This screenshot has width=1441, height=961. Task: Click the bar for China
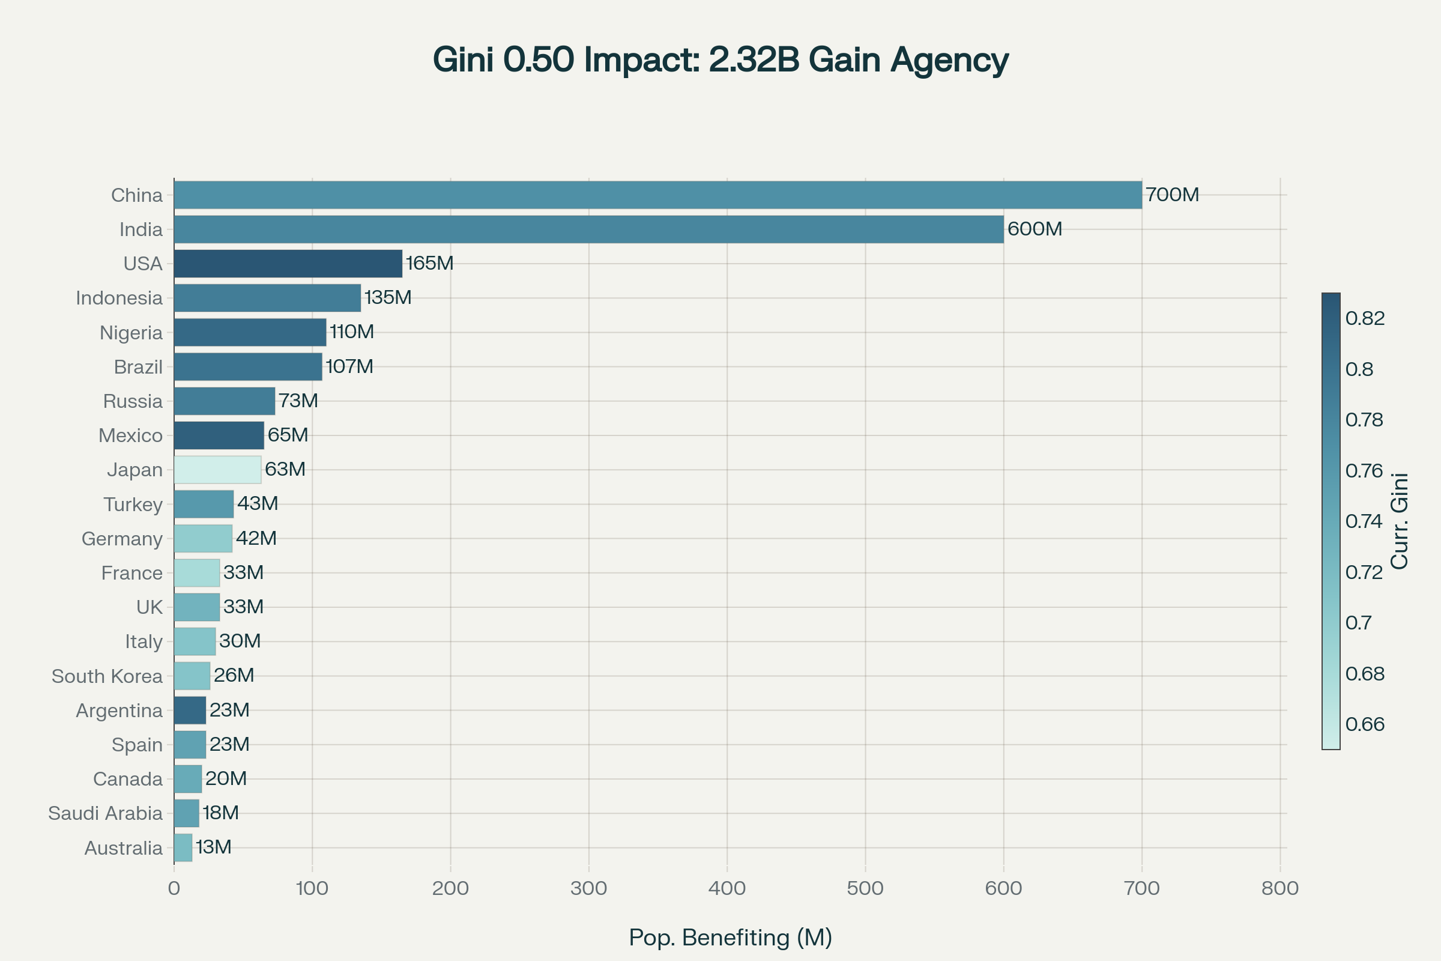[657, 195]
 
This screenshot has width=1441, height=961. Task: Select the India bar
[588, 229]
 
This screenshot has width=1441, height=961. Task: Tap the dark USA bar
[288, 264]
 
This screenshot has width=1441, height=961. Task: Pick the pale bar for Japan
[217, 470]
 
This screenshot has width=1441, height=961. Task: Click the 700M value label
[1172, 195]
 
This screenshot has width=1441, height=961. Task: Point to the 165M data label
[429, 264]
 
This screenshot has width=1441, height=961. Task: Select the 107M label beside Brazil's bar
[349, 366]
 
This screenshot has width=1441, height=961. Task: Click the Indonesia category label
[119, 299]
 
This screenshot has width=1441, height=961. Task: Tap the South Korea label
[107, 676]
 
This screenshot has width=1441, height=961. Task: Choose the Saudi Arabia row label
[106, 813]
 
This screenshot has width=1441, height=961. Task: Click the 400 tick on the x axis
[727, 888]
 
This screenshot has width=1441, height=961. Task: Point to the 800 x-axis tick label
[1280, 888]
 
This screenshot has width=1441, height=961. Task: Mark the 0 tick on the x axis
[174, 888]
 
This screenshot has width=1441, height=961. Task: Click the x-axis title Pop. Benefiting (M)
[730, 938]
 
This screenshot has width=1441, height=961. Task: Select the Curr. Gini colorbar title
[1401, 521]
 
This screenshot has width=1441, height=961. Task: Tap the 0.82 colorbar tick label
[1365, 318]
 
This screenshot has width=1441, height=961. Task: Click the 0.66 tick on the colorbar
[1365, 724]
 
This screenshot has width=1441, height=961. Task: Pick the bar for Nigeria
[250, 332]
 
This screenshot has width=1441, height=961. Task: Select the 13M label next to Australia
[214, 847]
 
